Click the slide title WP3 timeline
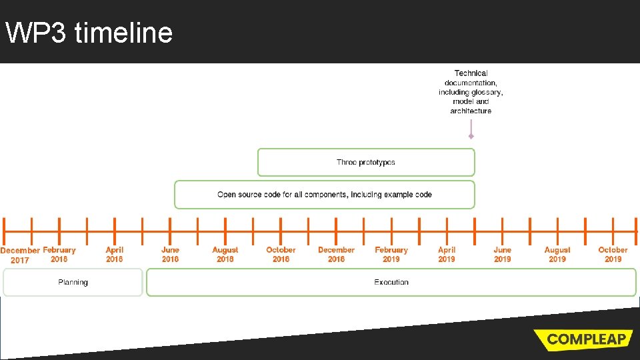point(89,32)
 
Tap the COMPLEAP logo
point(586,339)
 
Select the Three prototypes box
point(366,162)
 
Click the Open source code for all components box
point(325,195)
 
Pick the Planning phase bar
point(73,282)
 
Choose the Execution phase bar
point(391,282)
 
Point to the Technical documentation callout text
point(471,92)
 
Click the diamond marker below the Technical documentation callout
point(471,136)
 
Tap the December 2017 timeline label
point(20,255)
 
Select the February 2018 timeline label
point(59,254)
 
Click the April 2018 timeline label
point(115,254)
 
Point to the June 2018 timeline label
point(170,254)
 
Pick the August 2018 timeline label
point(225,254)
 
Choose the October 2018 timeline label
point(281,254)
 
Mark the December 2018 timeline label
point(336,254)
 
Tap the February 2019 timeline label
point(391,254)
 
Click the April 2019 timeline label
point(447,254)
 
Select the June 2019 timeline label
point(502,254)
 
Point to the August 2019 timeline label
point(557,254)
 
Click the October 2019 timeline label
point(613,254)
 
